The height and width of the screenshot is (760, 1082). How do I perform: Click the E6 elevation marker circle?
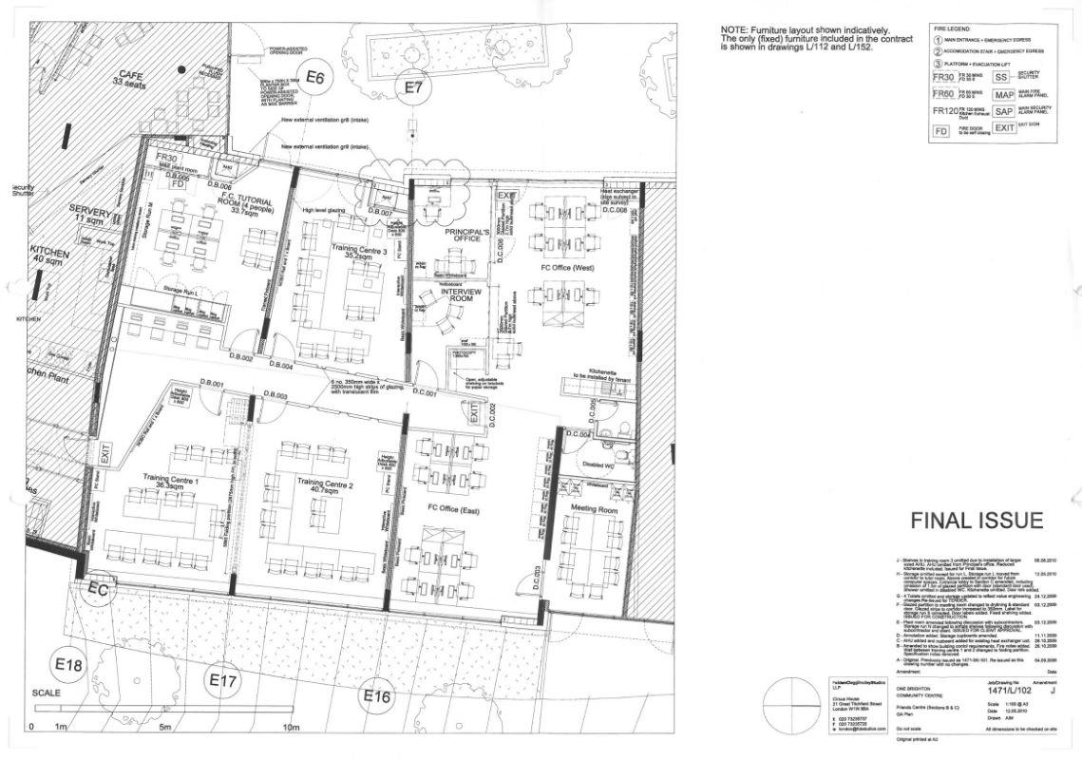click(315, 79)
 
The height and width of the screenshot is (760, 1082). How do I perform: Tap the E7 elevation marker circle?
click(413, 87)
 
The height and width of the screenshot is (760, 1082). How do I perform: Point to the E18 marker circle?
click(68, 666)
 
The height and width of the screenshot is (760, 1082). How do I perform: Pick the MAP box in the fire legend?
click(1004, 95)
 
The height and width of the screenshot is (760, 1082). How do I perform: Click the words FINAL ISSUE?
click(977, 521)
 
